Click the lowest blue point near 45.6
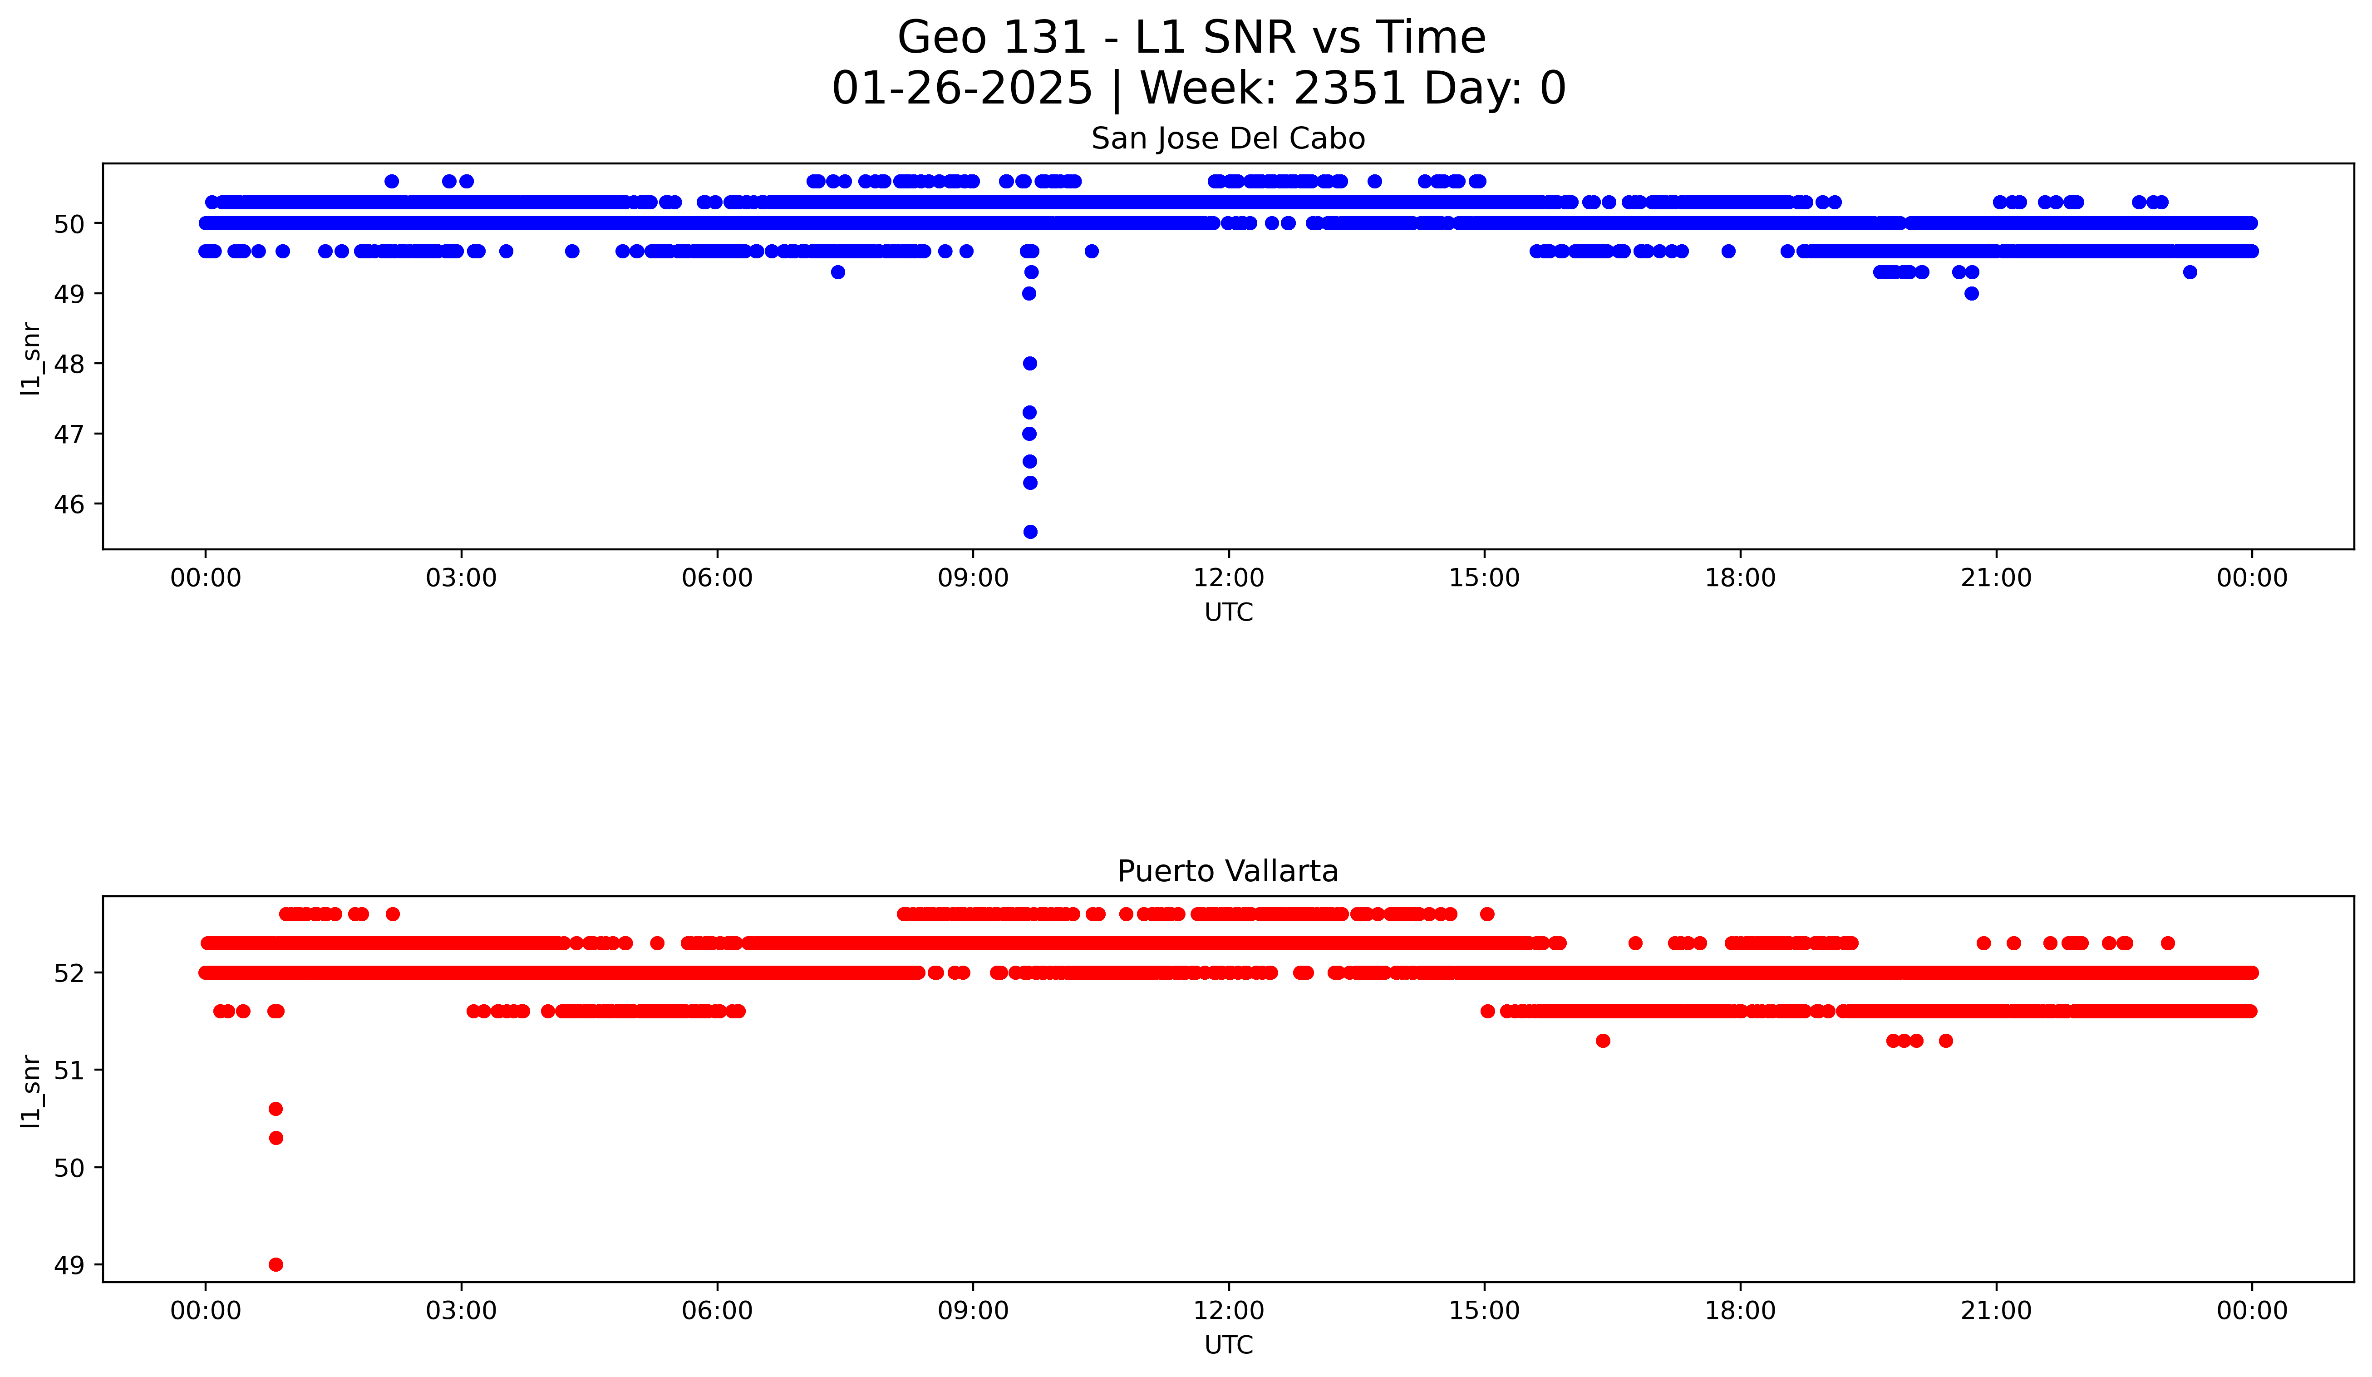pyautogui.click(x=1030, y=532)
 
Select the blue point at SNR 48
pyautogui.click(x=1030, y=363)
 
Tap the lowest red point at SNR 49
pyautogui.click(x=276, y=1264)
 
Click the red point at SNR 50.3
pyautogui.click(x=276, y=1138)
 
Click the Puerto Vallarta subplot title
pyautogui.click(x=1227, y=872)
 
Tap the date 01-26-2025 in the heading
pyautogui.click(x=962, y=89)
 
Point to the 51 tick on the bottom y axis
pyautogui.click(x=69, y=1070)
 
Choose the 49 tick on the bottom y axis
pyautogui.click(x=69, y=1265)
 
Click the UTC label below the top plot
pyautogui.click(x=1228, y=613)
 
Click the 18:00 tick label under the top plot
pyautogui.click(x=1740, y=578)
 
